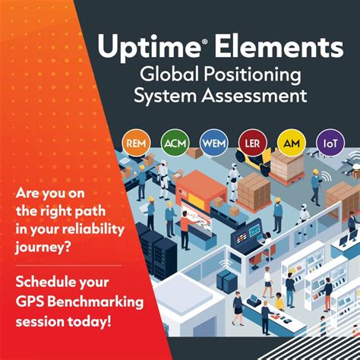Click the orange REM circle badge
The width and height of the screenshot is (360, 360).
tap(137, 142)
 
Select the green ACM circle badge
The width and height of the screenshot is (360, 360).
tap(175, 142)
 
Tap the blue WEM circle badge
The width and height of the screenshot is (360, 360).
tap(214, 142)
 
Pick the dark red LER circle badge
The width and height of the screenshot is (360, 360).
tap(253, 142)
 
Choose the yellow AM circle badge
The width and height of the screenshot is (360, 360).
tap(292, 142)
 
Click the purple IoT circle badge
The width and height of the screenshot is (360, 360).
tap(330, 142)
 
